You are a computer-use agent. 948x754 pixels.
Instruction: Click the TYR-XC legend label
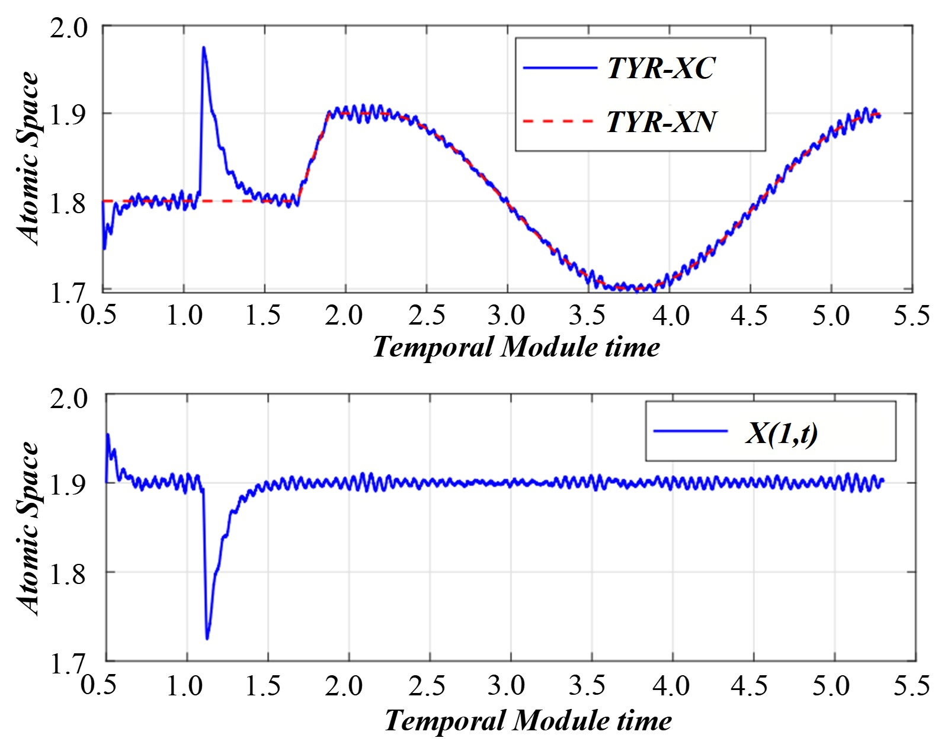tap(661, 68)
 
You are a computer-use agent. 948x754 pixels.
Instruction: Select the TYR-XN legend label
tap(661, 121)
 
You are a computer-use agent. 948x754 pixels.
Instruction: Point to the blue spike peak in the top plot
tap(203, 47)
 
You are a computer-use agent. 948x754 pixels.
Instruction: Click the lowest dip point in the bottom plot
tap(207, 639)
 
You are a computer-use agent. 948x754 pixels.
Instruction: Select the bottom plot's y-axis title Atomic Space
tap(28, 528)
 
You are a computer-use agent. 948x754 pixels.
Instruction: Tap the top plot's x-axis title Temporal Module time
tap(515, 347)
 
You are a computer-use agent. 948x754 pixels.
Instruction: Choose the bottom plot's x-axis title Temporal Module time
tap(528, 721)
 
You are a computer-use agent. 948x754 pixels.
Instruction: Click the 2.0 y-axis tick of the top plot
tap(68, 28)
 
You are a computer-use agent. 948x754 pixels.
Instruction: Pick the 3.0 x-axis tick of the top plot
tap(507, 315)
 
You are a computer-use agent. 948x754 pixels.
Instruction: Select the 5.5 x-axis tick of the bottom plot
tap(911, 686)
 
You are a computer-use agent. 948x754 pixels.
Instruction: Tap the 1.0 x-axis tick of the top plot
tap(184, 315)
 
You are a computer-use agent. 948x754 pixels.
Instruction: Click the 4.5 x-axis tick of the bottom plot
tap(749, 686)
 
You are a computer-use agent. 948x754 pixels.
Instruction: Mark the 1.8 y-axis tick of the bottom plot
tap(68, 574)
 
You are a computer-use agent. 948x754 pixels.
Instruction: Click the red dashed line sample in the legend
tap(558, 121)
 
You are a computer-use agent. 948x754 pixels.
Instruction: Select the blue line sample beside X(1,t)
tap(690, 431)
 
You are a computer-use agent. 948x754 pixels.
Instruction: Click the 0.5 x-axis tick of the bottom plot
tap(98, 686)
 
